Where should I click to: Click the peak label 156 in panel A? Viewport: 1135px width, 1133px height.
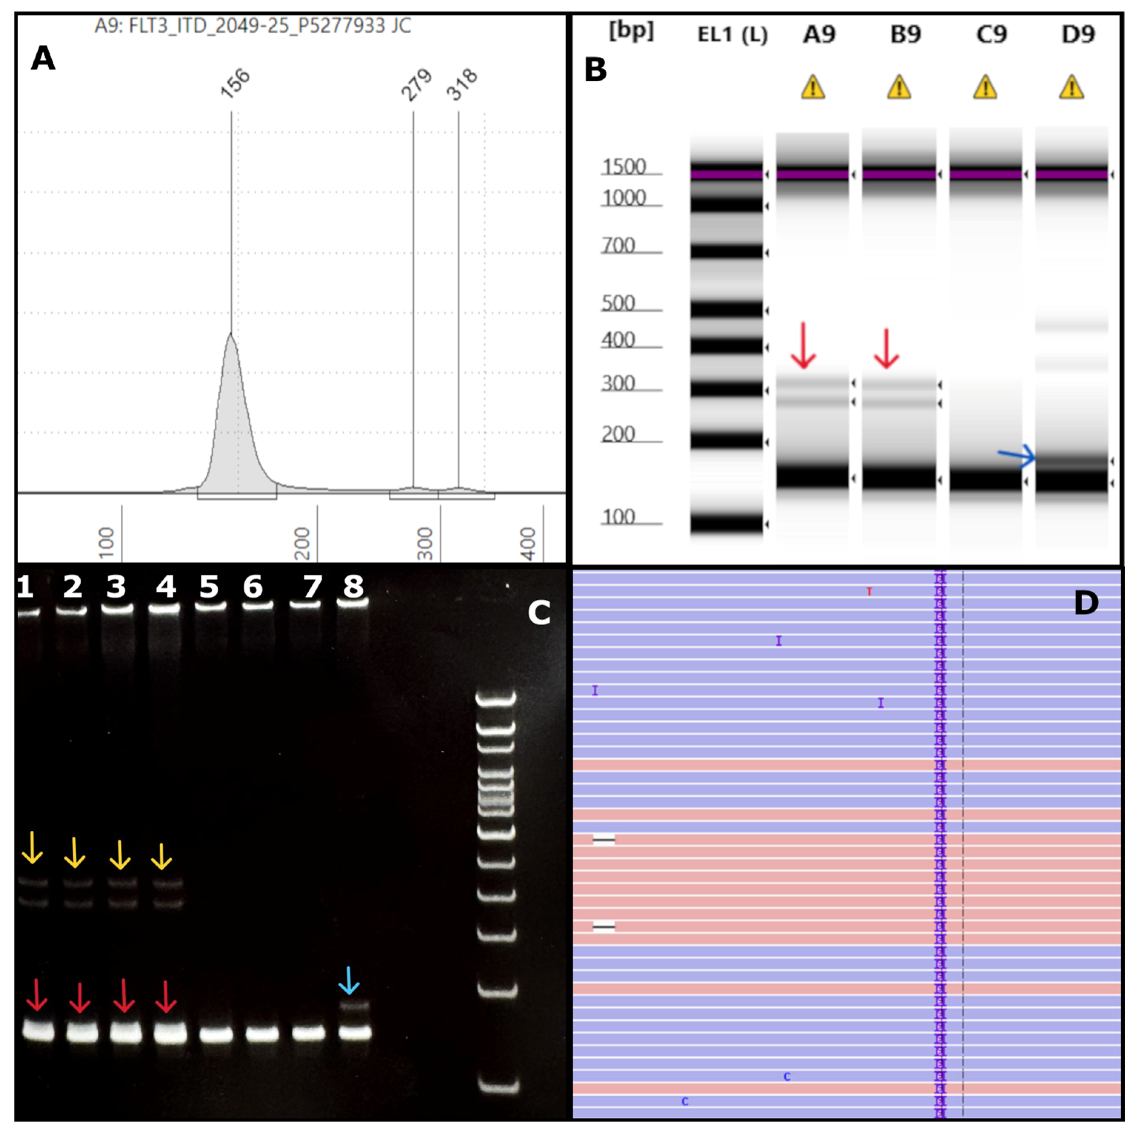(x=235, y=83)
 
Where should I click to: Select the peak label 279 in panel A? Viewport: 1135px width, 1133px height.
(x=416, y=85)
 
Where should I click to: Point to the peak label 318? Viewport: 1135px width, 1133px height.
(x=462, y=85)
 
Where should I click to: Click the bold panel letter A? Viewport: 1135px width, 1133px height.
(x=43, y=59)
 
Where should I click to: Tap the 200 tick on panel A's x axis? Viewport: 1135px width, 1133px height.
(x=301, y=543)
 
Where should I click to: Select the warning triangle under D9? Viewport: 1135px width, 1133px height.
(x=1072, y=88)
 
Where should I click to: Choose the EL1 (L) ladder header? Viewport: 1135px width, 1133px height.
(x=732, y=35)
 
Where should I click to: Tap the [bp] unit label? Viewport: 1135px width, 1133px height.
(x=631, y=31)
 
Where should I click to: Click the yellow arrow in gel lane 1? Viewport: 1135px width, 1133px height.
(x=32, y=848)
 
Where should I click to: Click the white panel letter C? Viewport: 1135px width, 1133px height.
(x=539, y=613)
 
